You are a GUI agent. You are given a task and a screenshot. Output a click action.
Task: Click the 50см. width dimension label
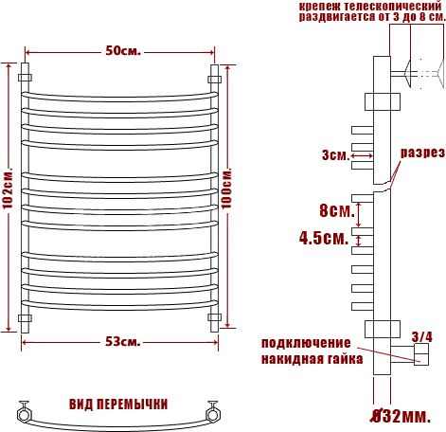tap(123, 51)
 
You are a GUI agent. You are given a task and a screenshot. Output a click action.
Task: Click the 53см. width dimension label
tap(123, 342)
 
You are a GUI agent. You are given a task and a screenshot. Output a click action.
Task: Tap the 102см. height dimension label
tap(8, 188)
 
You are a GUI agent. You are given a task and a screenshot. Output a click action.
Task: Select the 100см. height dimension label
tap(226, 188)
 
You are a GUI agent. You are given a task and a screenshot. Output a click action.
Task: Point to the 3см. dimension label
tap(335, 155)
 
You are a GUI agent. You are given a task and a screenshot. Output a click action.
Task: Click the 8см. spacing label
tap(337, 210)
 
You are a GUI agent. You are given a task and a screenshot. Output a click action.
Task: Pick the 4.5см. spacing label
tap(324, 238)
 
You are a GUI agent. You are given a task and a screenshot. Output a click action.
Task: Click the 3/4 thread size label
tap(421, 336)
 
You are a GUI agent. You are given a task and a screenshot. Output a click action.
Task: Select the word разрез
tap(422, 153)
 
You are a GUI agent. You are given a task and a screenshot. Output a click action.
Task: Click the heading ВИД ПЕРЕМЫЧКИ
tap(118, 405)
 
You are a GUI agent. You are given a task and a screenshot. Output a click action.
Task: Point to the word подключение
tap(306, 343)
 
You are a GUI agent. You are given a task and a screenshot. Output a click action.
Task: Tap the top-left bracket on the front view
tap(25, 78)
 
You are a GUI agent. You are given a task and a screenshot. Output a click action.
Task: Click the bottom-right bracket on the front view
tap(214, 317)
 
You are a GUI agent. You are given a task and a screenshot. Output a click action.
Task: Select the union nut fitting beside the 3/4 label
tap(421, 354)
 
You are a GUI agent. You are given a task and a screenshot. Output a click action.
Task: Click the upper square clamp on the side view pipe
tap(383, 101)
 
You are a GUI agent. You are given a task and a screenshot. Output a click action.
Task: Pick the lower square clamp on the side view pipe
tap(383, 329)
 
